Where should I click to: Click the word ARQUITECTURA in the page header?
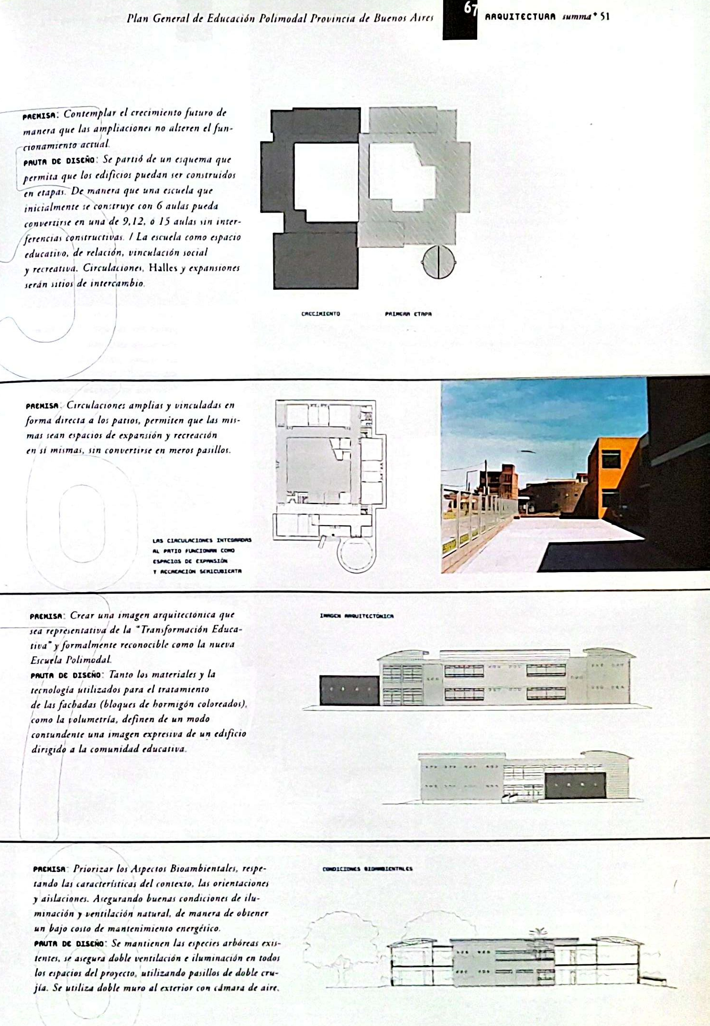(520, 17)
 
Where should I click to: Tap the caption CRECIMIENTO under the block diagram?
(320, 314)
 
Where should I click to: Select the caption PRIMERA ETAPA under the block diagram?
(408, 314)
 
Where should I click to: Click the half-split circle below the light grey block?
(438, 262)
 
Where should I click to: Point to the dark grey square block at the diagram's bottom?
(316, 261)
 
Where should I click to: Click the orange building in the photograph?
(613, 474)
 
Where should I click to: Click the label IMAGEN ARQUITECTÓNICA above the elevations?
(357, 616)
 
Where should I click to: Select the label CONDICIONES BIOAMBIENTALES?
(367, 869)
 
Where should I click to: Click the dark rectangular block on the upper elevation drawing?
(349, 690)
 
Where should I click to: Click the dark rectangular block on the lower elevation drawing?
(575, 785)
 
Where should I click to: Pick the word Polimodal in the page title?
(283, 18)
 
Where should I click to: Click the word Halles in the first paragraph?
(163, 268)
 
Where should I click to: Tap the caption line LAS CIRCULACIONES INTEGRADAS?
(202, 541)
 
